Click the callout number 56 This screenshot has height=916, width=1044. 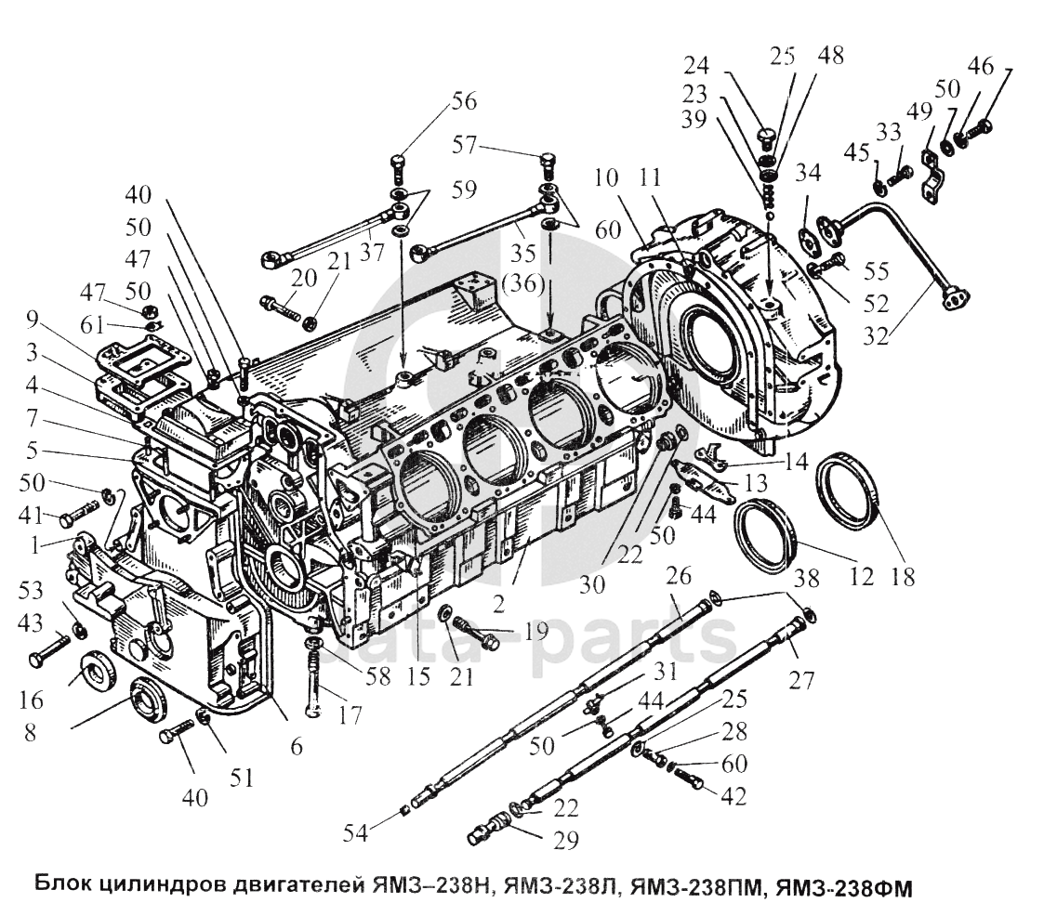(x=463, y=101)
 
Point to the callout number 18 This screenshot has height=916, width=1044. (x=901, y=576)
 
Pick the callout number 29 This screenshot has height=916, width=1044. (x=565, y=841)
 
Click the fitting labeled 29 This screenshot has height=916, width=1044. (x=488, y=829)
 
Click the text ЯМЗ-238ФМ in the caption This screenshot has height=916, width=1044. (x=842, y=888)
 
